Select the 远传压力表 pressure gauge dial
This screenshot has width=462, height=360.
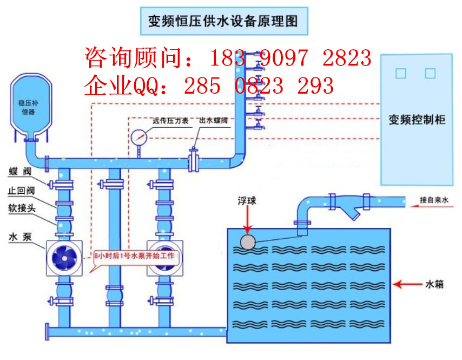pyautogui.click(x=138, y=136)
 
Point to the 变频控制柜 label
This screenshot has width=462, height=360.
pyautogui.click(x=417, y=120)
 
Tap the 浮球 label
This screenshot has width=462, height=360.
pyautogui.click(x=248, y=201)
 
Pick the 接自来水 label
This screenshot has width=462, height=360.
pyautogui.click(x=434, y=200)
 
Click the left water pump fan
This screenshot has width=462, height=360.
pyautogui.click(x=64, y=258)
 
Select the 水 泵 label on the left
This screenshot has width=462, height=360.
pyautogui.click(x=22, y=237)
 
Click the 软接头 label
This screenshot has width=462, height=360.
pyautogui.click(x=22, y=208)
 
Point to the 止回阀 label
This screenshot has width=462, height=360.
pyautogui.click(x=22, y=191)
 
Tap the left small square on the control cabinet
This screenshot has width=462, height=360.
pyautogui.click(x=400, y=73)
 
